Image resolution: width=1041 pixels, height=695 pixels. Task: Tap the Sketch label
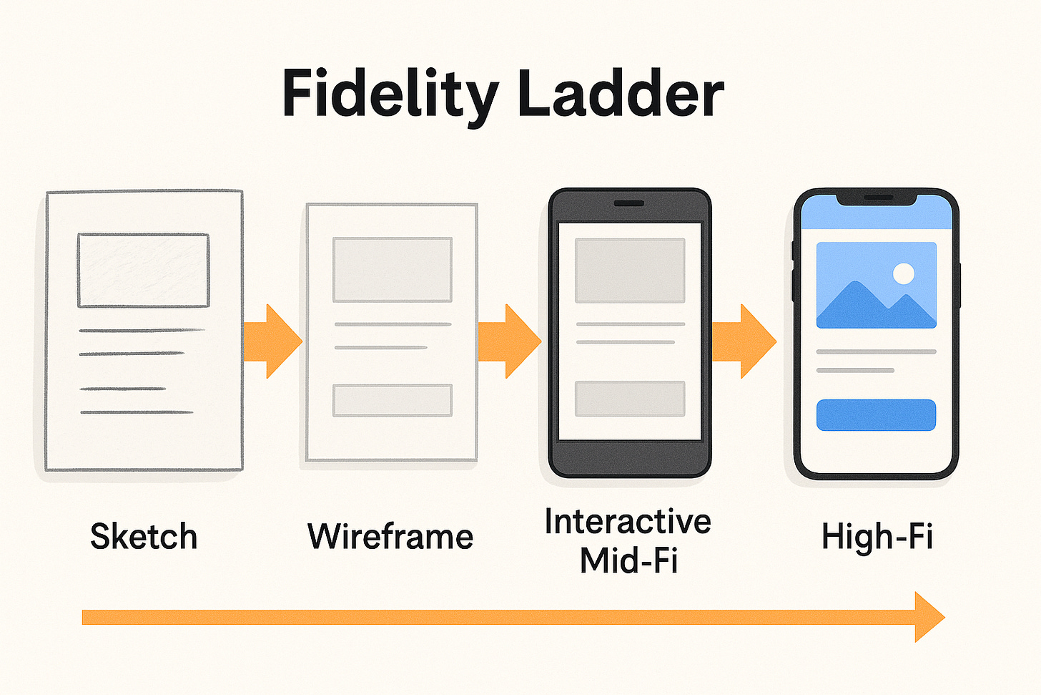tap(144, 536)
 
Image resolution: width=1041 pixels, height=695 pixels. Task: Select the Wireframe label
tap(390, 536)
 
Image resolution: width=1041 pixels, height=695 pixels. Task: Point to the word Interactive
tap(628, 521)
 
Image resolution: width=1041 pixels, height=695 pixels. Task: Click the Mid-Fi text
tap(628, 560)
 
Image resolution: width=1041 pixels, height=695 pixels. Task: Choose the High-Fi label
tap(877, 536)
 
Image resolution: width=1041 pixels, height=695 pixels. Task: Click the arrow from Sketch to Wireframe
tap(272, 341)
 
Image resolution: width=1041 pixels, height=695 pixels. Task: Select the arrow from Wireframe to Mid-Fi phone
tap(509, 341)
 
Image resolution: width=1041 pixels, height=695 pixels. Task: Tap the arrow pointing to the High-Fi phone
tap(744, 341)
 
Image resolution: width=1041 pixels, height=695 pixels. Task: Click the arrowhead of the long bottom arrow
tap(928, 617)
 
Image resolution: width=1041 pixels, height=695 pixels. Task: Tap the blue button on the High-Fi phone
tap(876, 415)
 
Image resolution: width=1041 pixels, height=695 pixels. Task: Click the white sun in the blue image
tap(904, 273)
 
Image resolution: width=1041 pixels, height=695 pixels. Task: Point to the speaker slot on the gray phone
tap(628, 203)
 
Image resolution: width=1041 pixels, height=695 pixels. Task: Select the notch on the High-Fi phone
tap(876, 198)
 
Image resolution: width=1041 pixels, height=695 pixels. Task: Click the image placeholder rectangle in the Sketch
tap(143, 270)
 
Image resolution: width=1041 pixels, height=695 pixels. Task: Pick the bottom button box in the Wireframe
tap(393, 400)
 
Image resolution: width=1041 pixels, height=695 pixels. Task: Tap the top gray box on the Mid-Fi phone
tap(630, 271)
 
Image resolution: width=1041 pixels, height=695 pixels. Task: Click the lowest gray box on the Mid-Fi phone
tap(630, 399)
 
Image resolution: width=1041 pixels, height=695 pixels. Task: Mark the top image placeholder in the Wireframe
tap(393, 269)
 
